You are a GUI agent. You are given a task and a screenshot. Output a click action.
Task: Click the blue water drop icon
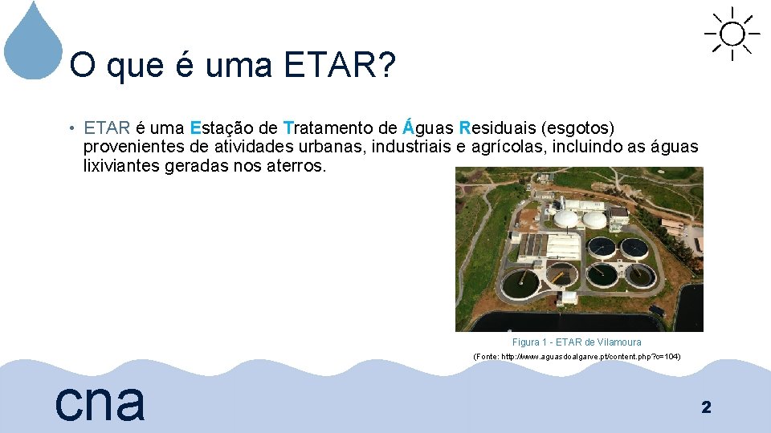tap(33, 44)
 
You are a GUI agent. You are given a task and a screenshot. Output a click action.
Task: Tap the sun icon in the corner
tap(732, 34)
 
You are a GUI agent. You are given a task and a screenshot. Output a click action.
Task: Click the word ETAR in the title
tap(328, 66)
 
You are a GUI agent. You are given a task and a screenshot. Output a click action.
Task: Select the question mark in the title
tap(385, 66)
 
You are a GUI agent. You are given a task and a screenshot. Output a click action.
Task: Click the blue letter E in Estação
tap(195, 127)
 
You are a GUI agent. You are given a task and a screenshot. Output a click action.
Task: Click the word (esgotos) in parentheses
tap(578, 127)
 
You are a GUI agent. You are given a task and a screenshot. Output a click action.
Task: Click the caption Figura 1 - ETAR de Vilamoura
tap(577, 342)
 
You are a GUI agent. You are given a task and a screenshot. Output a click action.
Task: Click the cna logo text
tap(100, 400)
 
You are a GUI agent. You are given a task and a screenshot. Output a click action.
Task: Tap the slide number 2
tap(706, 407)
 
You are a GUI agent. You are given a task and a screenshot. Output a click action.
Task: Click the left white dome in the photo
tap(567, 217)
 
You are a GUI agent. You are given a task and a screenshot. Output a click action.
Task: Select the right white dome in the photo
tap(594, 218)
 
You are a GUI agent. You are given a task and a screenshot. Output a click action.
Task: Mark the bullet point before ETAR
tap(71, 128)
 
